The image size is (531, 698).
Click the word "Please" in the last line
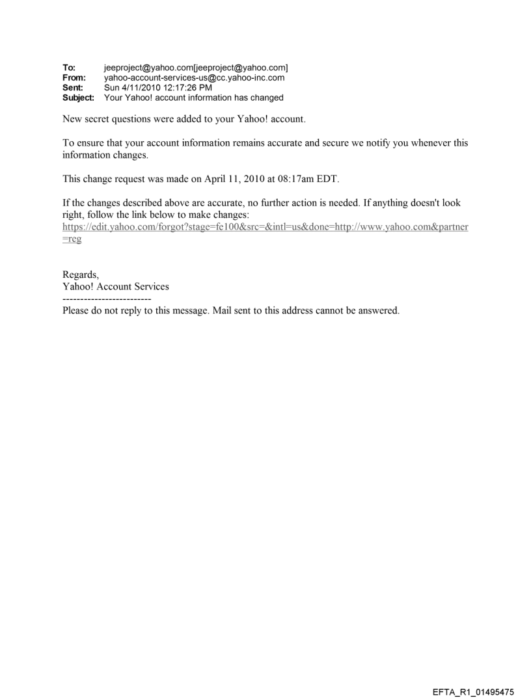76,310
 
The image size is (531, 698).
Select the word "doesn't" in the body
409,203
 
